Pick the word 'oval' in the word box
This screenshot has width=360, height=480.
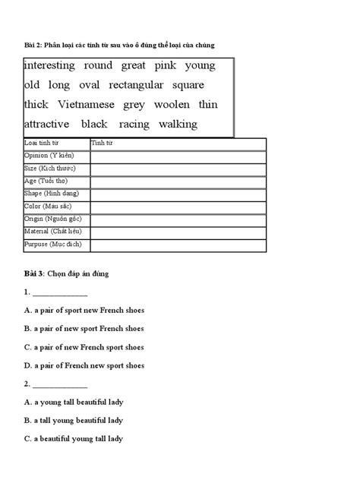[x=88, y=85]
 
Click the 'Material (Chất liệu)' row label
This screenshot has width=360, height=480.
[x=54, y=232]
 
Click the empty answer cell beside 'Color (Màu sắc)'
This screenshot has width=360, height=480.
[x=177, y=206]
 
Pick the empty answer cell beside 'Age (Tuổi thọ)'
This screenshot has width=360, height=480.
[x=177, y=180]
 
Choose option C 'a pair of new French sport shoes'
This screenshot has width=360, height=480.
[x=84, y=347]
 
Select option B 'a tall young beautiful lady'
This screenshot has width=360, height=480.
[x=73, y=420]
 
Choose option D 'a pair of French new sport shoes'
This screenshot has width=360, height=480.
[x=84, y=365]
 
